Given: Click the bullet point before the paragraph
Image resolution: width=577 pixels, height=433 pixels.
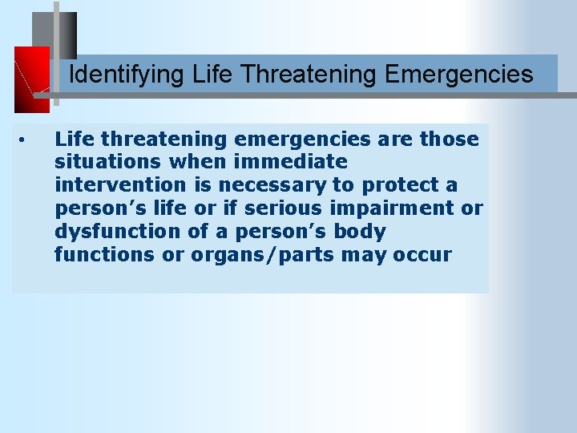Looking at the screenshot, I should (26, 140).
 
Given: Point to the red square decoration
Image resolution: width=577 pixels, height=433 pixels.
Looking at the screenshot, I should (32, 79).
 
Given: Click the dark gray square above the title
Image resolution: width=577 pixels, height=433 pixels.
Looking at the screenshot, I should (54, 36).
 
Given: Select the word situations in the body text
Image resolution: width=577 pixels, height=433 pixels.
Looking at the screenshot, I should (108, 162).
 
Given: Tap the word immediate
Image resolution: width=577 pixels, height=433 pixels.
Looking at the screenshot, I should (292, 162).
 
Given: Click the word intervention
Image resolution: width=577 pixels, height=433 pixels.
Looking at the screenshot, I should (121, 185).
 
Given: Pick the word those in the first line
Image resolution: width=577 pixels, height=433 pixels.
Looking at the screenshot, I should (449, 139).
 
